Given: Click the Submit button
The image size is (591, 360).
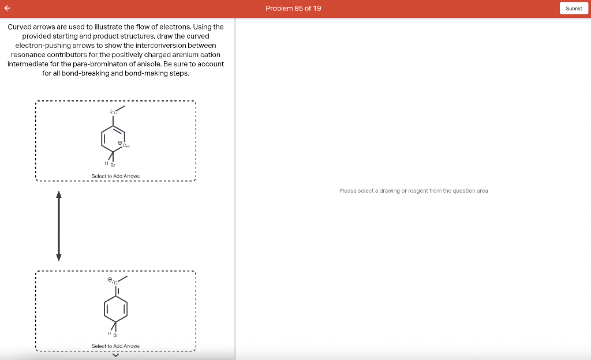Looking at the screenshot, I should pos(574,8).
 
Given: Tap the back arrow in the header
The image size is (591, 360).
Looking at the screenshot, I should pos(8,8).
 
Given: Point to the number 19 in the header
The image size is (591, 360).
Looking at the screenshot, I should pos(317,8).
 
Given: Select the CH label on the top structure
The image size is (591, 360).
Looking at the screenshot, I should pos(126,146).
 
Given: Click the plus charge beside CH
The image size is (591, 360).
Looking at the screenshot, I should pos(119,142).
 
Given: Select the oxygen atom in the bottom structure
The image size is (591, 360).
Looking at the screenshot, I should pos(115,283).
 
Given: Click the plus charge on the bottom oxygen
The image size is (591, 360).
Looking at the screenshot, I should pos(110,279).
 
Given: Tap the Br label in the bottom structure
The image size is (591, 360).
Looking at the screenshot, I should pos(116,335).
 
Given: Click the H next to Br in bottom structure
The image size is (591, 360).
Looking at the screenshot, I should pos(109,332).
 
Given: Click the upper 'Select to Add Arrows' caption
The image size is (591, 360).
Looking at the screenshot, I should pos(115,176).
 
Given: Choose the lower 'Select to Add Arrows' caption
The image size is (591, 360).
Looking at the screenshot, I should pos(115,346).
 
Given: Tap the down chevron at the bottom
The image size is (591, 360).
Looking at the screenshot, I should pos(115,355).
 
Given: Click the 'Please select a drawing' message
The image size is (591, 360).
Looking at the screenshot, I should pos(413,190).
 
